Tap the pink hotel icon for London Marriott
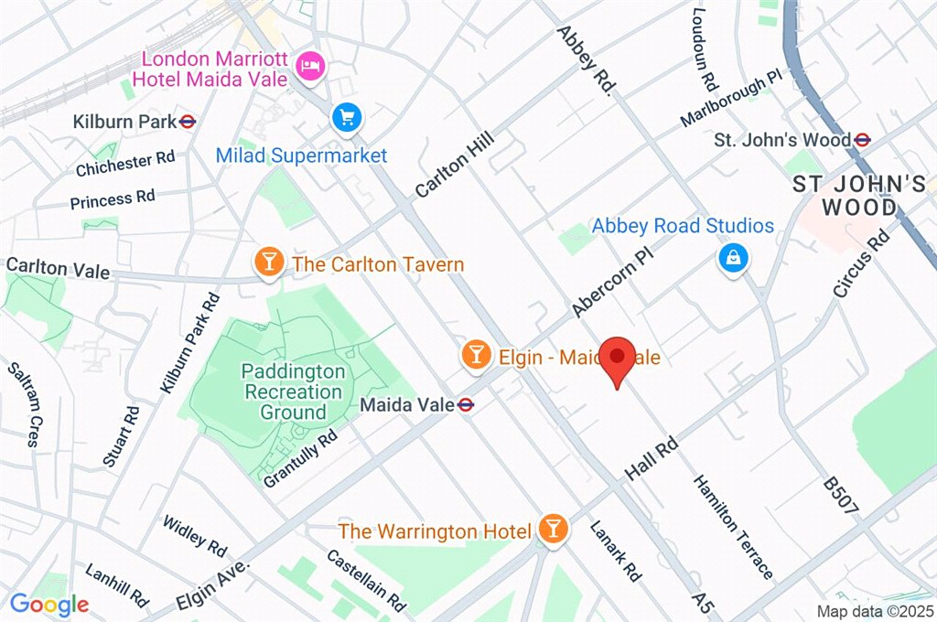[310, 64]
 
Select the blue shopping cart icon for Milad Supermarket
[348, 117]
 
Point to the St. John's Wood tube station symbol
[862, 140]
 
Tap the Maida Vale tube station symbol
[467, 404]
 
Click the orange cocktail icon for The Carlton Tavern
[268, 263]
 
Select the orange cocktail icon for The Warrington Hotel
[553, 528]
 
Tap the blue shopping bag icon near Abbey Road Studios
[734, 259]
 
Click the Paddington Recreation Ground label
[294, 391]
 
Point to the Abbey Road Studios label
[683, 226]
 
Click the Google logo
[49, 605]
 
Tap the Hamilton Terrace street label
[734, 526]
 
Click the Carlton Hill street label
[454, 165]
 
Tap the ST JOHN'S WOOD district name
[860, 196]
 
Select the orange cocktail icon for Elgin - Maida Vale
[475, 355]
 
